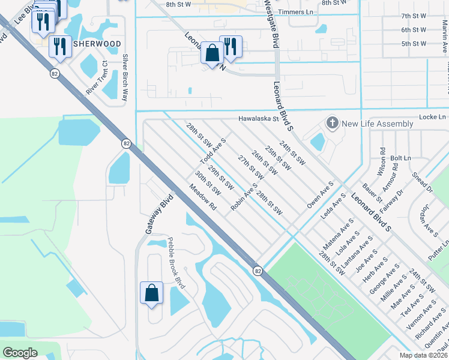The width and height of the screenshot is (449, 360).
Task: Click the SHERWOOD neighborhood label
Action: [97, 44]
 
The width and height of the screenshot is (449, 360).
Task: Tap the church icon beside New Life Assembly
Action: [332, 124]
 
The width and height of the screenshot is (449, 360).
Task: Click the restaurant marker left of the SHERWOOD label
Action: [60, 47]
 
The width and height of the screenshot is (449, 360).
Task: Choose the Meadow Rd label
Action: [202, 196]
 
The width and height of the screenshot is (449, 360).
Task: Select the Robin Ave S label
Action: [244, 197]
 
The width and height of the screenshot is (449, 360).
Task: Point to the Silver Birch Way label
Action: [125, 77]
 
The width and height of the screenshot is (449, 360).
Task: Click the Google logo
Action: [20, 353]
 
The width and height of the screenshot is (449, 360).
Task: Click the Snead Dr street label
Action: [423, 182]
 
